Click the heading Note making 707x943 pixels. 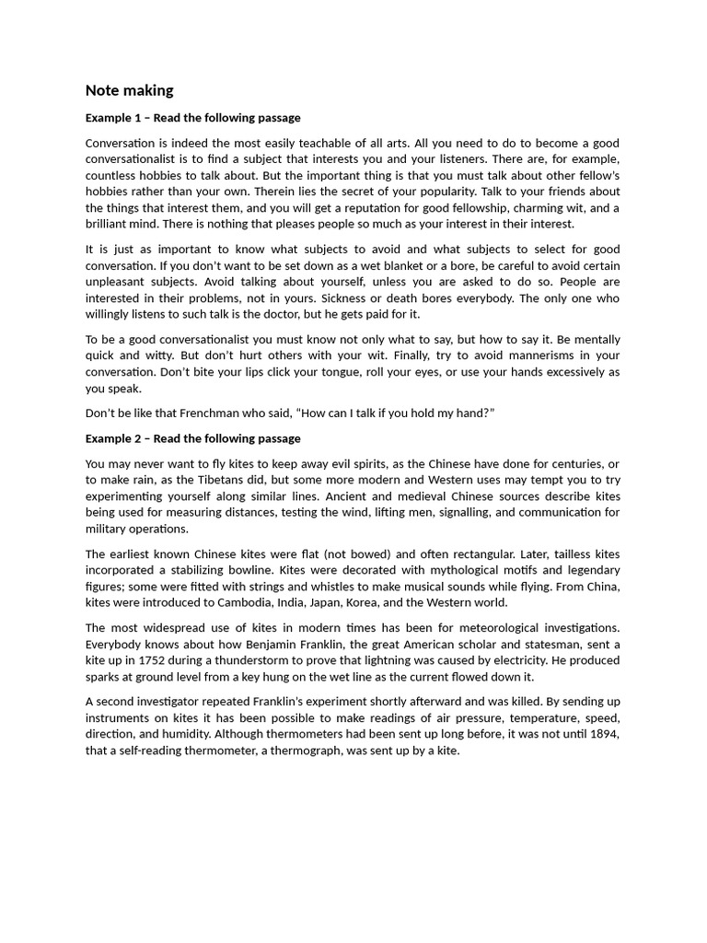(129, 90)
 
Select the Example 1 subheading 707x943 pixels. (192, 118)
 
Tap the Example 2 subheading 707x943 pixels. (192, 438)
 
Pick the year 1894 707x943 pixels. (603, 734)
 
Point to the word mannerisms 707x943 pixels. (538, 355)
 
